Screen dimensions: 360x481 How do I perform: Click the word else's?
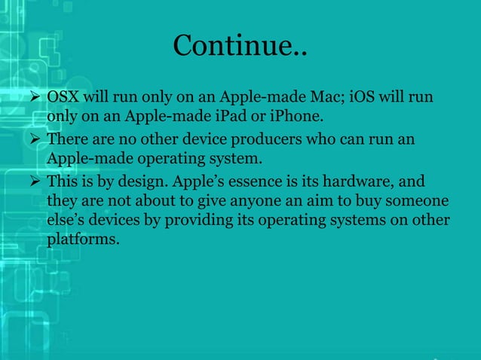pyautogui.click(x=68, y=221)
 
